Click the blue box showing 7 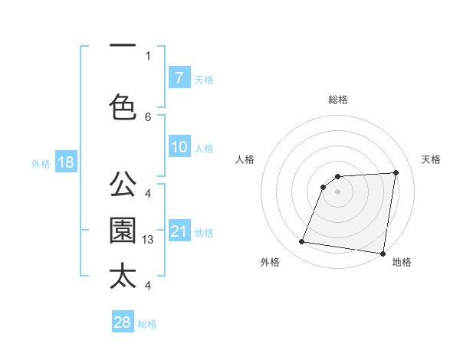(179, 77)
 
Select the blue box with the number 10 (179, 147)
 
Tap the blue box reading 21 (179, 231)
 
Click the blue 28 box (123, 322)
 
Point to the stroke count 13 (149, 240)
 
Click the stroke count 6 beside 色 (148, 116)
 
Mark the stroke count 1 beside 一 (148, 55)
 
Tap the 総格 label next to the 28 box (148, 324)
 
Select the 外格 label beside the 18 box (41, 163)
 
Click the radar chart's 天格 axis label (432, 159)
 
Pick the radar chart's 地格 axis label (402, 262)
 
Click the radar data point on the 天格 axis (396, 172)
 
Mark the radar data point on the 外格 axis (302, 242)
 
